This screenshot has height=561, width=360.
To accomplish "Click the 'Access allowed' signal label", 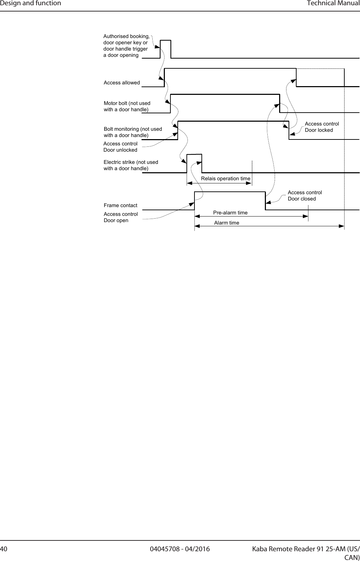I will tap(122, 83).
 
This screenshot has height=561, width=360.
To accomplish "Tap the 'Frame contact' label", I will tap(121, 205).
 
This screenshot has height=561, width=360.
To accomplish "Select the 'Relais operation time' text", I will tap(225, 179).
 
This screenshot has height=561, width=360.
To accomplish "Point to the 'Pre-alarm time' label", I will tap(230, 212).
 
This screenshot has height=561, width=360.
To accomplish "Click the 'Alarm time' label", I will tap(227, 222).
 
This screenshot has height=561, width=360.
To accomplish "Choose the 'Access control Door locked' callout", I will tap(322, 127).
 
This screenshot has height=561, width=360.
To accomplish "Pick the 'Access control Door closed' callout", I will tap(305, 196).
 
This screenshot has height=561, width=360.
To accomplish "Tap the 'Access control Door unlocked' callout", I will tap(121, 147).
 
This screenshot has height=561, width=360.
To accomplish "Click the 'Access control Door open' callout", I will tap(121, 217).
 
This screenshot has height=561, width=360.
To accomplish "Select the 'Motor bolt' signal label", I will tap(127, 106).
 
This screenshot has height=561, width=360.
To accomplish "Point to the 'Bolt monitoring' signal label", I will tap(133, 132).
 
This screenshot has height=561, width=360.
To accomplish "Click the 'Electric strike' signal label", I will tap(131, 165).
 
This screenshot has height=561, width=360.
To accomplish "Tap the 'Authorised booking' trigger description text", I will tap(127, 46).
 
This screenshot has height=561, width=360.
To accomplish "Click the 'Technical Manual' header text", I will tap(333, 3).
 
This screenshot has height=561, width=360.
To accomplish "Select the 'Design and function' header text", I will tap(31, 3).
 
